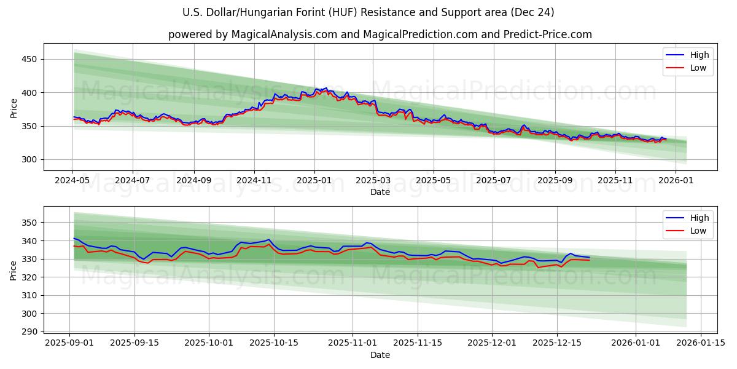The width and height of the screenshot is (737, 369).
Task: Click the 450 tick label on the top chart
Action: (x=29, y=59)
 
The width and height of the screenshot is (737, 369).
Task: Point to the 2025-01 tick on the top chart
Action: (x=314, y=181)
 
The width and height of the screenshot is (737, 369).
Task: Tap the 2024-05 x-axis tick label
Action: (x=72, y=181)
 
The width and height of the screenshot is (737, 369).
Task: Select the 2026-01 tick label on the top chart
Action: (x=676, y=181)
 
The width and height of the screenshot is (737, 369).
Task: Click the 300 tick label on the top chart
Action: (x=29, y=159)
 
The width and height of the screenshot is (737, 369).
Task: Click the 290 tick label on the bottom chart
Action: (x=29, y=331)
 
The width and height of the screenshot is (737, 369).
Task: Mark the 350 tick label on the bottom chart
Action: (x=29, y=222)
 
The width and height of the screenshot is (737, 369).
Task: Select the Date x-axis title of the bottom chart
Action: (x=380, y=355)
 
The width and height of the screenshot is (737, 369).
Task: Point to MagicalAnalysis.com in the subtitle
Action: (x=284, y=34)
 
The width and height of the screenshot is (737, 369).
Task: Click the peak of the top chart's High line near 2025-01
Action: (x=326, y=88)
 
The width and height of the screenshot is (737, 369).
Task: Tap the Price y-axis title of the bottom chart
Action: (x=14, y=270)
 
